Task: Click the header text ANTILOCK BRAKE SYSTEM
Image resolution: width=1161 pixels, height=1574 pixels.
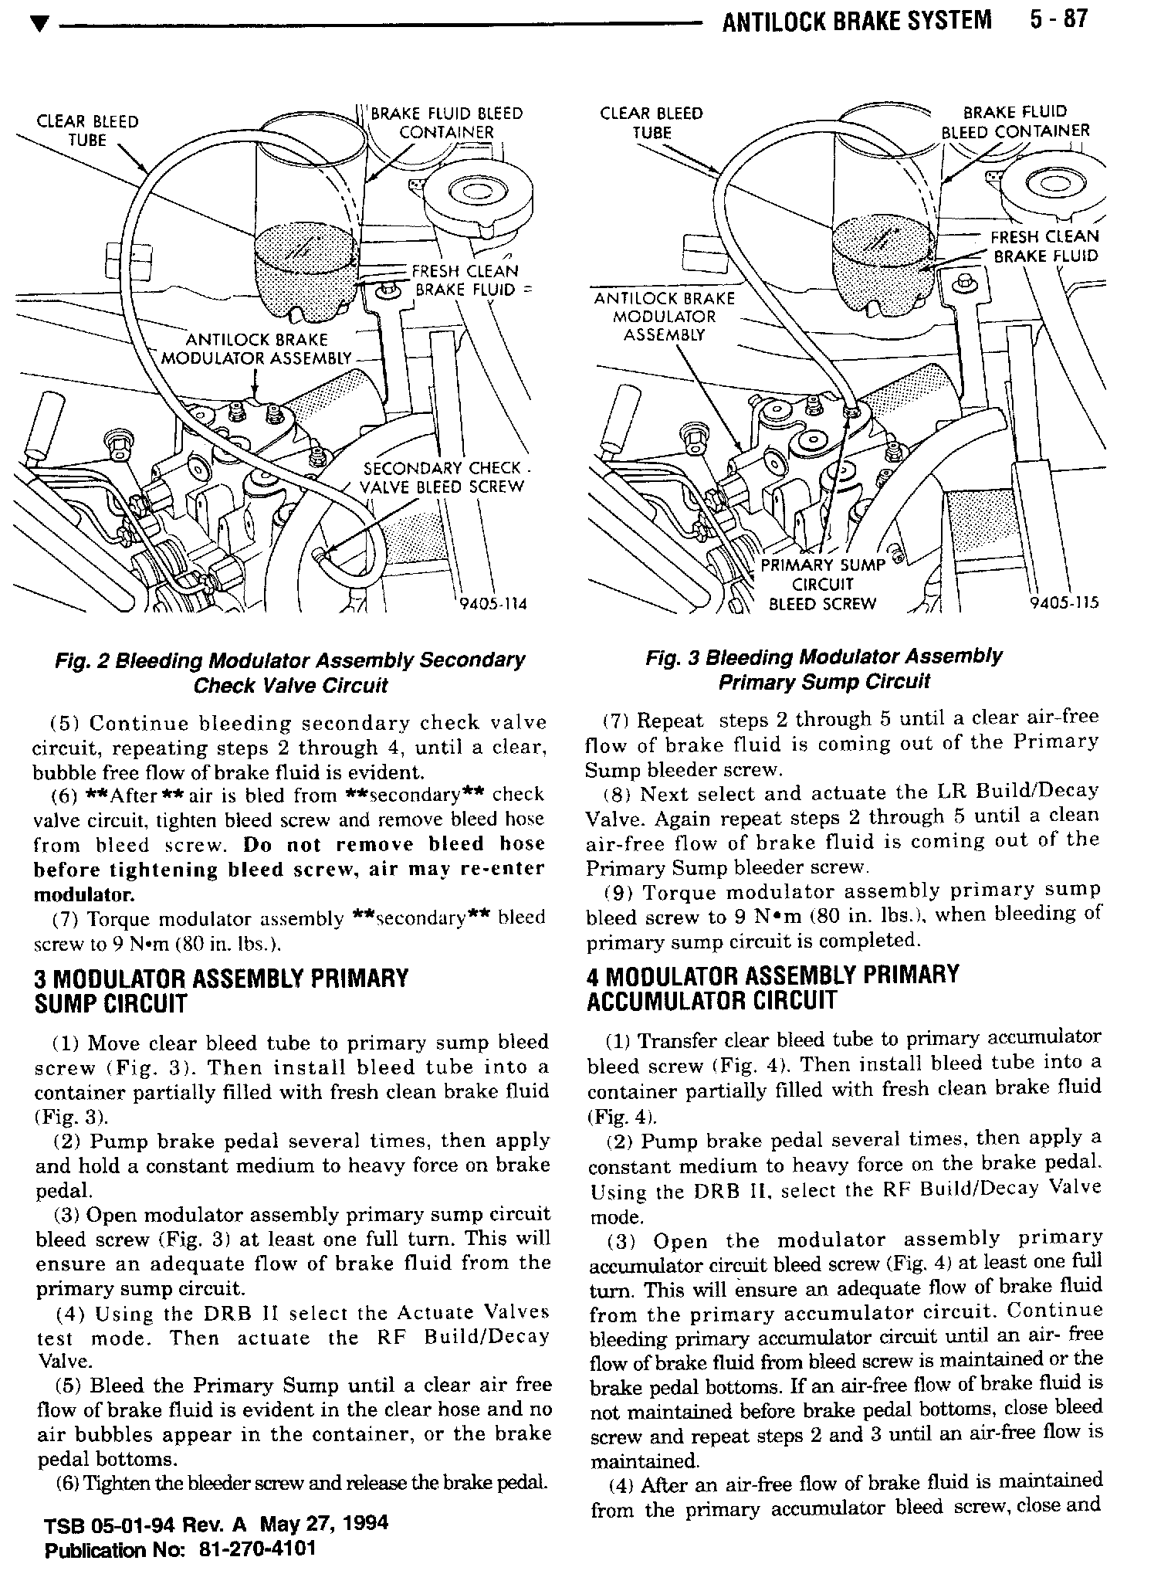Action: pos(856,20)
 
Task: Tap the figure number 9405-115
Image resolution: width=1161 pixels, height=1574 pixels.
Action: pos(1064,603)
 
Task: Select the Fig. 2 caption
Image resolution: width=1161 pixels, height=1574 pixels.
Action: pos(289,673)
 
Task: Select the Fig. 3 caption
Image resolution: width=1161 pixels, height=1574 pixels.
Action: pos(824,670)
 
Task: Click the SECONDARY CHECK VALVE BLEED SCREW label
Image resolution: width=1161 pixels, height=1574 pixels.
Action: pos(443,478)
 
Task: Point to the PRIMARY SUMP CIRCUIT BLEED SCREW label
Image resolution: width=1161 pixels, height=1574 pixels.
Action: pos(823,585)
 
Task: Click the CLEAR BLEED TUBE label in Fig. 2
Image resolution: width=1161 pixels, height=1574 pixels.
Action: pos(87,131)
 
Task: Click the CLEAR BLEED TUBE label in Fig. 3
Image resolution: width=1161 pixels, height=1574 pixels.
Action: pos(652,123)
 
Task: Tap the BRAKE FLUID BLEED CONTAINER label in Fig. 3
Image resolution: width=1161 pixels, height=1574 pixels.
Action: pos(1014,121)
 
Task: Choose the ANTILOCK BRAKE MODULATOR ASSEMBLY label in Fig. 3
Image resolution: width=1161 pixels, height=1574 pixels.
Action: pos(664,317)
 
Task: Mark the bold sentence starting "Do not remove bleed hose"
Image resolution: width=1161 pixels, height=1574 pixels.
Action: pos(289,870)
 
